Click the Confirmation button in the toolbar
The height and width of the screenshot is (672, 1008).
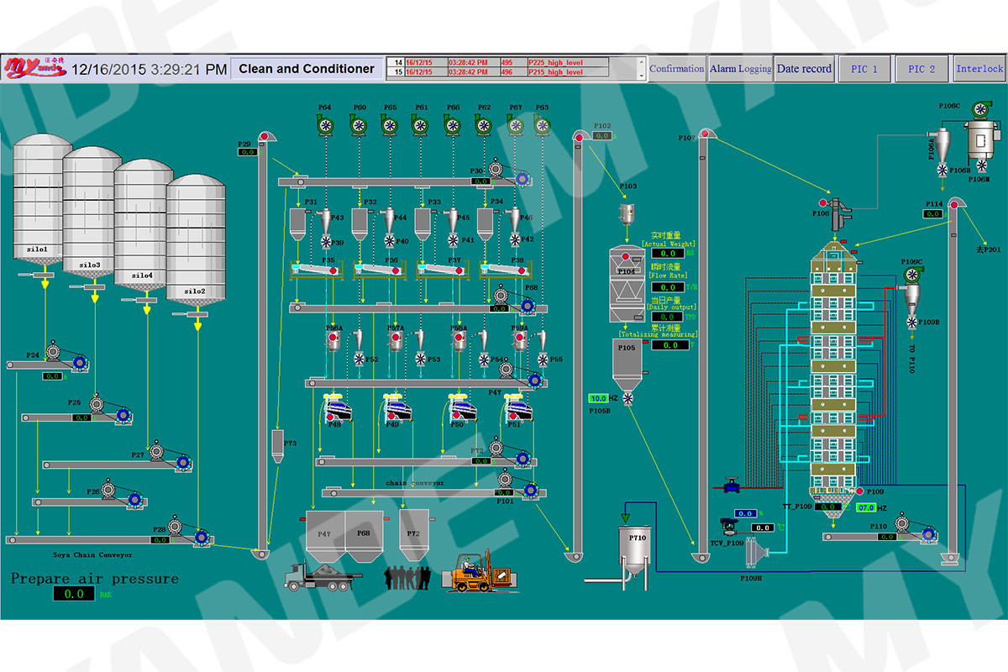tap(676, 69)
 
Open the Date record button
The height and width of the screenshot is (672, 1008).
tap(804, 69)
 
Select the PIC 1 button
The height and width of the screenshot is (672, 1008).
tap(864, 69)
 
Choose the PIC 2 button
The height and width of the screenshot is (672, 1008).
tap(921, 69)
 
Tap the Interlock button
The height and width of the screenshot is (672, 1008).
tap(979, 69)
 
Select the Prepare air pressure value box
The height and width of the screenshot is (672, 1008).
tap(74, 594)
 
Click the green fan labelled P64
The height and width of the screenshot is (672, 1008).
tap(326, 125)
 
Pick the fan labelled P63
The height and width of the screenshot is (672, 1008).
tap(543, 125)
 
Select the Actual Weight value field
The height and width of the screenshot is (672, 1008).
tap(667, 253)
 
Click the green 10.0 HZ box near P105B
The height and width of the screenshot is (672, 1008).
tap(598, 398)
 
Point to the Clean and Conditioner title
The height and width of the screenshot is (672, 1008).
tap(307, 69)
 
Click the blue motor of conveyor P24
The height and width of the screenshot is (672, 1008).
tap(81, 363)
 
